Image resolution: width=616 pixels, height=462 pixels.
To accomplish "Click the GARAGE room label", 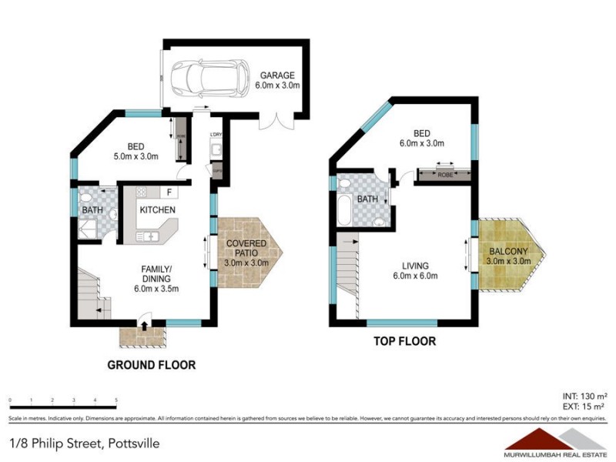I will tap(277, 75).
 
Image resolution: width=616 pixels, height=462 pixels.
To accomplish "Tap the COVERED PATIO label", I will tap(246, 248).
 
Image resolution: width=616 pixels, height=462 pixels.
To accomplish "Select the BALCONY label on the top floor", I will tap(506, 251).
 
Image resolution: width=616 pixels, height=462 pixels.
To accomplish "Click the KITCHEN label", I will tap(157, 209).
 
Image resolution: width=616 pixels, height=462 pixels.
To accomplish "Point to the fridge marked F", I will tap(168, 191).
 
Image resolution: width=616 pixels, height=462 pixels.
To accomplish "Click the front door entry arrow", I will tap(145, 326).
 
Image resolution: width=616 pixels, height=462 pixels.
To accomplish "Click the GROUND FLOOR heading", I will tap(151, 365).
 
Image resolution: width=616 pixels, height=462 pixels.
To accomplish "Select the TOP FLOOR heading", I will tap(405, 341).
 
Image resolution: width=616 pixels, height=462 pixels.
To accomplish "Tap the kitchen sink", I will tap(146, 236).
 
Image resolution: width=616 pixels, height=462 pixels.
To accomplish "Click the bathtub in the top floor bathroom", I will tap(344, 209).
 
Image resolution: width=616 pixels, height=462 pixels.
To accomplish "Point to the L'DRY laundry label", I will tap(216, 136).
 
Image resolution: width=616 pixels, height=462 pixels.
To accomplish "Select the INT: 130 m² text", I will tap(583, 394).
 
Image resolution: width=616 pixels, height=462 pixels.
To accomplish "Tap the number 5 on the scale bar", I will tap(116, 400).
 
